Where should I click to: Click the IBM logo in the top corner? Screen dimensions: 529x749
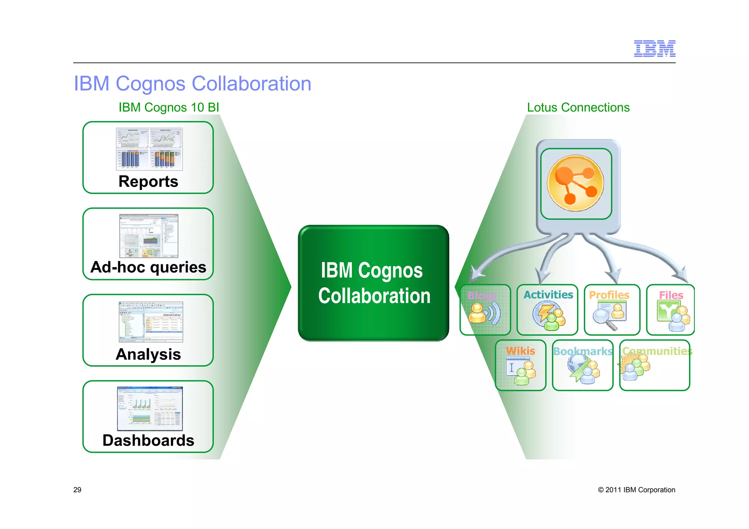pyautogui.click(x=654, y=49)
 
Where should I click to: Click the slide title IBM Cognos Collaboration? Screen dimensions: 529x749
pyautogui.click(x=192, y=84)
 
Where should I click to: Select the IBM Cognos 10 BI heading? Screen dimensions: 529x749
pyautogui.click(x=169, y=107)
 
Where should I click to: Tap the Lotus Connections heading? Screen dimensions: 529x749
pyautogui.click(x=578, y=107)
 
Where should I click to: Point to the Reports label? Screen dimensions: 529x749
pyautogui.click(x=148, y=182)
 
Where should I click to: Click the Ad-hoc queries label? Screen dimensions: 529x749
pyautogui.click(x=148, y=267)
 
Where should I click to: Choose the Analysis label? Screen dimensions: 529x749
pyautogui.click(x=148, y=354)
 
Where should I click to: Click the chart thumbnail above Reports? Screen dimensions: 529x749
pyautogui.click(x=149, y=149)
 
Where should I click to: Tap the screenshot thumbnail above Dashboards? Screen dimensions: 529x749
pyautogui.click(x=150, y=409)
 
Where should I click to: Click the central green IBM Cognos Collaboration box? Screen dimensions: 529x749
pyautogui.click(x=373, y=283)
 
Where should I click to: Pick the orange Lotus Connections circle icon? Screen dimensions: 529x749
pyautogui.click(x=576, y=183)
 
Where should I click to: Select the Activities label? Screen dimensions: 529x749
pyautogui.click(x=548, y=295)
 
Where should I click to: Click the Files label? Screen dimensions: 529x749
pyautogui.click(x=671, y=295)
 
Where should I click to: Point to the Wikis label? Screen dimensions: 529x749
pyautogui.click(x=520, y=351)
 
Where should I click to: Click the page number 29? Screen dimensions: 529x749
pyautogui.click(x=77, y=490)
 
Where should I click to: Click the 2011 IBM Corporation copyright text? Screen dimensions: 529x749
pyautogui.click(x=636, y=490)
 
